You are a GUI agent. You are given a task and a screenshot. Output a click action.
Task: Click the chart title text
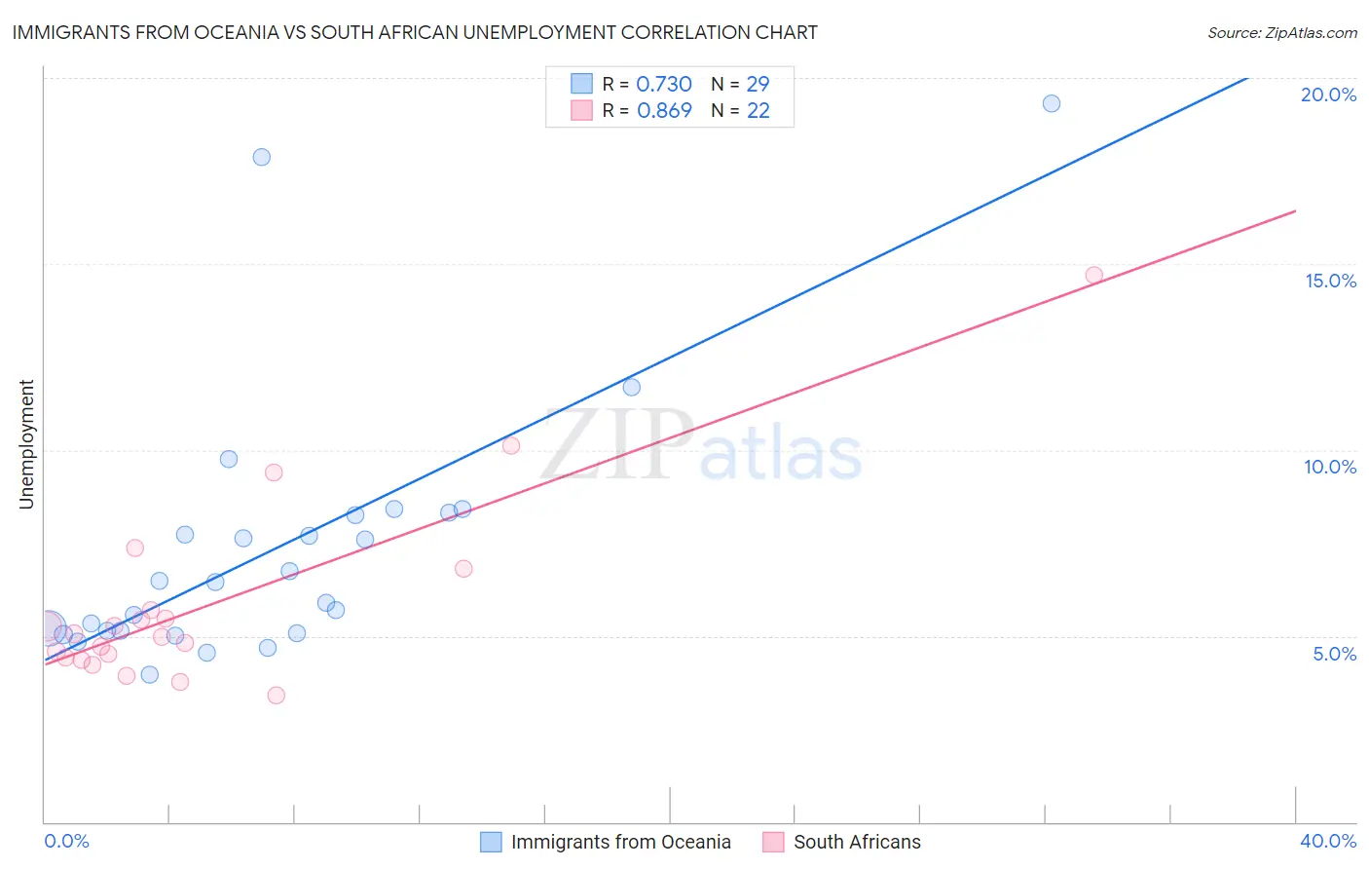point(415,32)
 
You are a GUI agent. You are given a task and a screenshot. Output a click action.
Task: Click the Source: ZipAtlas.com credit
point(1281,33)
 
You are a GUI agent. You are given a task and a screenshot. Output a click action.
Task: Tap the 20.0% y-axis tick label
point(1328,94)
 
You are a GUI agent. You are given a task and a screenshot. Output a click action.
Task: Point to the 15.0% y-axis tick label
point(1330,281)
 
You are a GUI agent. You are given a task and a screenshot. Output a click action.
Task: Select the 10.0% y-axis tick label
point(1330,467)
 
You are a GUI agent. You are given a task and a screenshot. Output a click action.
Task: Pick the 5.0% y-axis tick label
point(1334,654)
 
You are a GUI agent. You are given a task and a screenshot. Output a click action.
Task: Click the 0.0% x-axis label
point(66,841)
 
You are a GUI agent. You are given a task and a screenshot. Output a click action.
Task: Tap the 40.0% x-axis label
point(1327,841)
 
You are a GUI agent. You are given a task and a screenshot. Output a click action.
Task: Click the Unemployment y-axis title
point(26,444)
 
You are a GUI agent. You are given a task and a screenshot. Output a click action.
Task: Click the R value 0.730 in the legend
point(664,85)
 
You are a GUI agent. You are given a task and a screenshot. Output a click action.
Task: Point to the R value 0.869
point(664,111)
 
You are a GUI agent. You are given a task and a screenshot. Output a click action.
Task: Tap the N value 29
point(758,85)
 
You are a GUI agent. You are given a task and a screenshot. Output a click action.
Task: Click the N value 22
point(758,111)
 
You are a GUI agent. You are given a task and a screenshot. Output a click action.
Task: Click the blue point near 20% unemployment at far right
point(1052,103)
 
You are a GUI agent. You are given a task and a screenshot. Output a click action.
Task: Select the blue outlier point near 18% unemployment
point(262,157)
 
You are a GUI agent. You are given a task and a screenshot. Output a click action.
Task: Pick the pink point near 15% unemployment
point(1094,275)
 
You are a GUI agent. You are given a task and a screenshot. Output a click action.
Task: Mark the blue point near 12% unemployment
point(632,387)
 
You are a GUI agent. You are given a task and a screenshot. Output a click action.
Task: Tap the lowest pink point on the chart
point(277,696)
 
